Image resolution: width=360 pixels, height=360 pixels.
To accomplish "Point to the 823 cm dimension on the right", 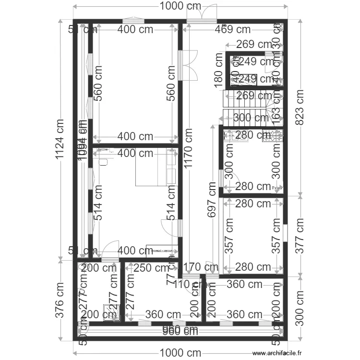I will (x=300, y=110).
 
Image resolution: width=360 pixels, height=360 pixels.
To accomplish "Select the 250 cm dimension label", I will (x=151, y=268).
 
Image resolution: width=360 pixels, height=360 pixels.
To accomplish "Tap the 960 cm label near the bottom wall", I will (x=180, y=330).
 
